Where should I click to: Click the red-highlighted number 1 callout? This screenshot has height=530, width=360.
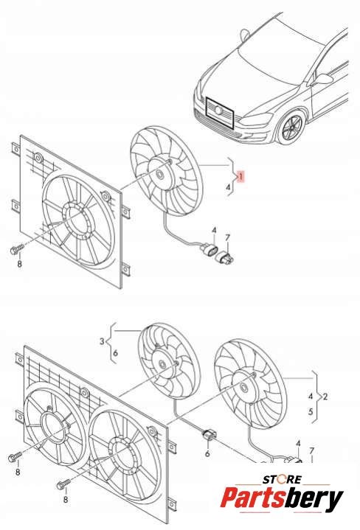(x=240, y=176)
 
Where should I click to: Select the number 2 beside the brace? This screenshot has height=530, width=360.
(x=325, y=396)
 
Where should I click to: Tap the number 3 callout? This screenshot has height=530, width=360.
(x=103, y=341)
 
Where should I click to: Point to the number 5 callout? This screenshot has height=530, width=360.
(x=311, y=412)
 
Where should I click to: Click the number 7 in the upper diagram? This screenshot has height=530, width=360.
(x=227, y=237)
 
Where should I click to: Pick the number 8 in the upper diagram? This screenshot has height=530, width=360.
(x=19, y=263)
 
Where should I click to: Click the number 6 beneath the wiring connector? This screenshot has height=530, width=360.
(x=207, y=453)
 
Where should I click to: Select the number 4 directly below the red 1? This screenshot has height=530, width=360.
(x=229, y=187)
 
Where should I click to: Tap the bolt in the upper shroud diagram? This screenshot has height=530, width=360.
(x=16, y=250)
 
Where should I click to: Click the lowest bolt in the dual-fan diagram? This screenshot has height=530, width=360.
(x=63, y=484)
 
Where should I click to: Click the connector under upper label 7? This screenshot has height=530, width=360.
(x=225, y=257)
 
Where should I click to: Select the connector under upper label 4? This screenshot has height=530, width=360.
(x=209, y=251)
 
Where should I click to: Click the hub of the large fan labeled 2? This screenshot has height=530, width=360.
(x=243, y=388)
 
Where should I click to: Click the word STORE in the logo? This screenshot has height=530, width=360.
(x=283, y=479)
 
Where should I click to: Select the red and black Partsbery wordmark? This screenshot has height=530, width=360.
(x=283, y=498)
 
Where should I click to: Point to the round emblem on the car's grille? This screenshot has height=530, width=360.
(x=218, y=110)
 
